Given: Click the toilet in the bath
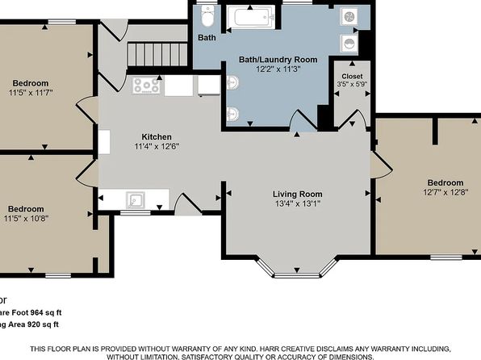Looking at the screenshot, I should pyautogui.click(x=207, y=15).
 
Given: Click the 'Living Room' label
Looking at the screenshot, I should pyautogui.click(x=297, y=194).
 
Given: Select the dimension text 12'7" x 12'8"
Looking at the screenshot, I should pyautogui.click(x=445, y=192).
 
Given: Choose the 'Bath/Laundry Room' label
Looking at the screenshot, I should pyautogui.click(x=277, y=60).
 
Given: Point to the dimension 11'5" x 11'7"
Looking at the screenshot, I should pyautogui.click(x=31, y=93).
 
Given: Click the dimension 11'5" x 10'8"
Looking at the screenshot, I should pyautogui.click(x=30, y=218).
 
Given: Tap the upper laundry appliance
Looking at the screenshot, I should pyautogui.click(x=349, y=16).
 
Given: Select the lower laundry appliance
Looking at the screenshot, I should pyautogui.click(x=349, y=43).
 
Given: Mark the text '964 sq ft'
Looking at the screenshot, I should pyautogui.click(x=40, y=312).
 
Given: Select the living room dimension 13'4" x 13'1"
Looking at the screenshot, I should pyautogui.click(x=297, y=203).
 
